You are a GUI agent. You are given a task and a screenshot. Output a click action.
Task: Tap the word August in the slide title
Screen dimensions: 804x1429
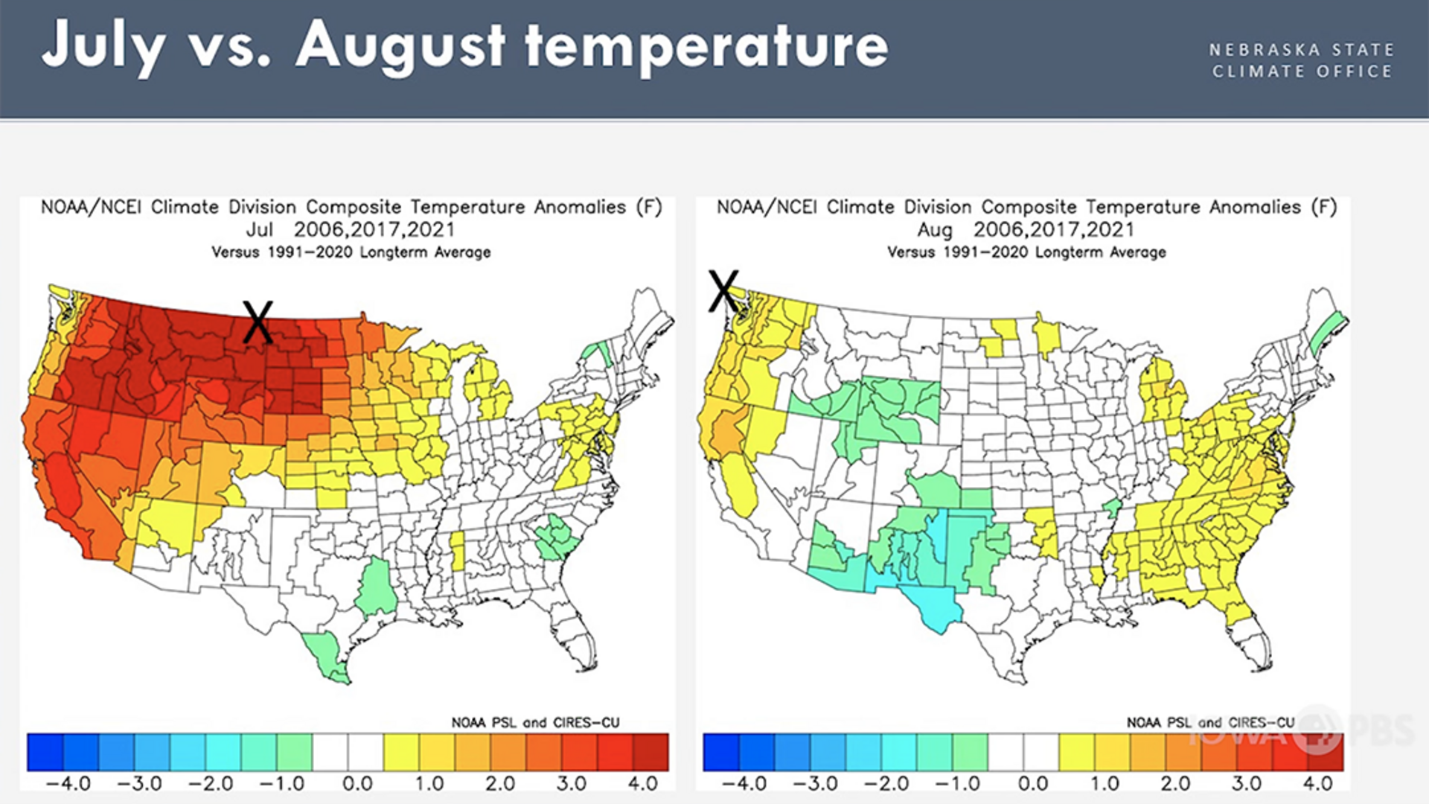(x=400, y=46)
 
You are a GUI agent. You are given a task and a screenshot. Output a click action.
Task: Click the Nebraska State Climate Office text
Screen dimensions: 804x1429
(x=1302, y=60)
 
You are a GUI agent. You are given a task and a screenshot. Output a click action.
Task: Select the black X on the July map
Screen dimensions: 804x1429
(x=258, y=322)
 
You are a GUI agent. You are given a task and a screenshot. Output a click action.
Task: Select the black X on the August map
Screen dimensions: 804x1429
(x=723, y=290)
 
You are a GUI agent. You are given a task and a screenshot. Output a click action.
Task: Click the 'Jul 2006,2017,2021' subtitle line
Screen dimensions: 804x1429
(x=351, y=229)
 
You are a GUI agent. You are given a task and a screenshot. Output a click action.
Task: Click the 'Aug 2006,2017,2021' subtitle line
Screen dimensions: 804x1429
(x=1026, y=229)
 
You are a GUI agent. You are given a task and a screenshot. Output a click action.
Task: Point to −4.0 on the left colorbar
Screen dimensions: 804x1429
(x=68, y=783)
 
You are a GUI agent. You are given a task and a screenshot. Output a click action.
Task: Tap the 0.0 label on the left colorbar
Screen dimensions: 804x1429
(x=357, y=783)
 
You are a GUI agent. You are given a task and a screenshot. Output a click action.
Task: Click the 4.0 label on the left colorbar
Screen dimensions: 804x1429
(x=642, y=783)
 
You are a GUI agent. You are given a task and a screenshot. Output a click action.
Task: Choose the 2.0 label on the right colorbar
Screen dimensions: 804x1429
(x=1175, y=783)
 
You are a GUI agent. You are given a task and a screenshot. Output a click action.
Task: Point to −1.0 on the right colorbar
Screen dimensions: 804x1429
(x=961, y=783)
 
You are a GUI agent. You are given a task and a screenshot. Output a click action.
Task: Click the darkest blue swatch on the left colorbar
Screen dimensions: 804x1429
(x=45, y=752)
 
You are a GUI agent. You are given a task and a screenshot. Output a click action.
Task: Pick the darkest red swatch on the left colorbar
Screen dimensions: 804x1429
(x=650, y=752)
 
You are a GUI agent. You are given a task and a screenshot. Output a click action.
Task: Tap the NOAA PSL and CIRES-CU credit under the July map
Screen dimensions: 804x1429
(x=535, y=722)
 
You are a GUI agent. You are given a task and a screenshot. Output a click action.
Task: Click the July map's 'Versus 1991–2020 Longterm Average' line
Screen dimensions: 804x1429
(x=351, y=252)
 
